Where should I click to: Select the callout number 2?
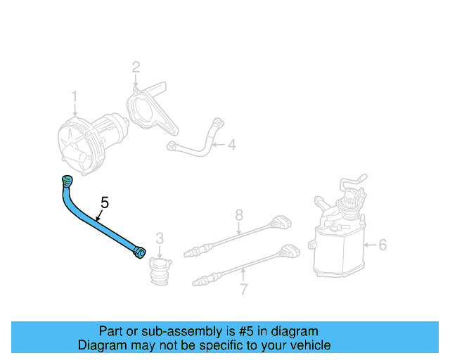(x=136, y=67)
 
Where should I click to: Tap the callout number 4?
(x=231, y=146)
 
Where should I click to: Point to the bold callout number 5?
(x=105, y=203)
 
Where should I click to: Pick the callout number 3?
(x=160, y=238)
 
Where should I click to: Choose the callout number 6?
(x=382, y=245)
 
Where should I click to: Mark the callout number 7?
(x=243, y=290)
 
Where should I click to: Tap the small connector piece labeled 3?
(x=160, y=271)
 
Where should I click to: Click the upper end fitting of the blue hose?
(x=67, y=180)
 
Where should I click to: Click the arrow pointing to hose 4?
(x=217, y=146)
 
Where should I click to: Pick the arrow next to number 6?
(x=370, y=245)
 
